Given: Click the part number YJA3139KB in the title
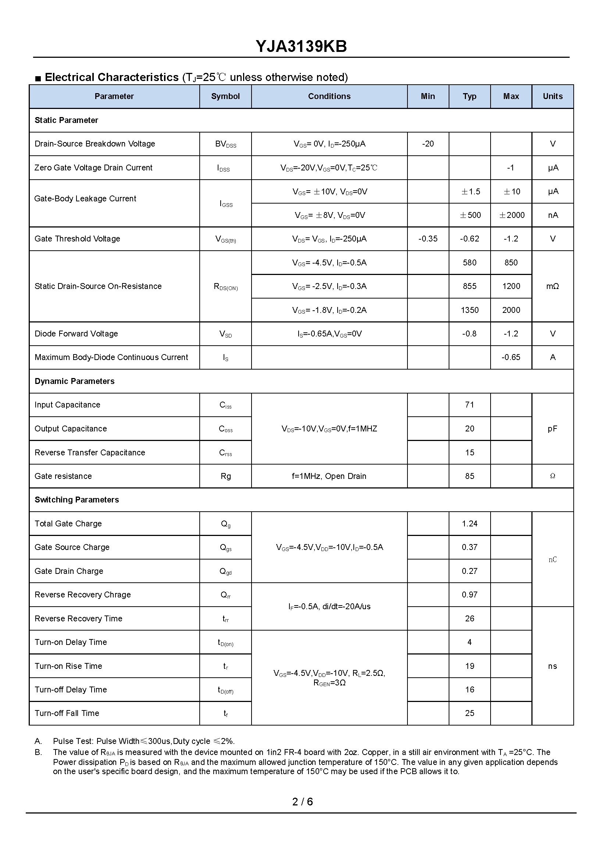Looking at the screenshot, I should [301, 46].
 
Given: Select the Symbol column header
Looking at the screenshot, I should [225, 96].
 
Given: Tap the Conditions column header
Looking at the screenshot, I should [329, 96].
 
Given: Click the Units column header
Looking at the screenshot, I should [552, 96].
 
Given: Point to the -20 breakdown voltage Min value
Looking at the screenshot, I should [427, 144].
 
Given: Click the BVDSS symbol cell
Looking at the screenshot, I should [225, 144].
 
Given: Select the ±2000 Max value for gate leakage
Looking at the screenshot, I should [512, 215].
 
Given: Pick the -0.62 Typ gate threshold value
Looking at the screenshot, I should [469, 239].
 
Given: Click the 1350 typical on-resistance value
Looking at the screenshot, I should [470, 310].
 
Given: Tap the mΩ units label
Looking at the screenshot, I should [552, 286].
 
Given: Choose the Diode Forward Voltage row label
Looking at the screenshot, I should [76, 334].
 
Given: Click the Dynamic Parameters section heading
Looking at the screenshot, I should [74, 381].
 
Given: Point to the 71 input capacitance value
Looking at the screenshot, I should [470, 405].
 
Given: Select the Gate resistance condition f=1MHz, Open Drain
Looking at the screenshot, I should [329, 476].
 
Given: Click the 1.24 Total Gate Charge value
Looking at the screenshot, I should [470, 523].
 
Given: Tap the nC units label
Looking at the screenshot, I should [552, 560].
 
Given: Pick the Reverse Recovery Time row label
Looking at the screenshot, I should [78, 618].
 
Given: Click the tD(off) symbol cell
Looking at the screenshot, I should [225, 690].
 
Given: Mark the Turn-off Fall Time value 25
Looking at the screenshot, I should [470, 713].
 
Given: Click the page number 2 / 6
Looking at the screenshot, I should [302, 802].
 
